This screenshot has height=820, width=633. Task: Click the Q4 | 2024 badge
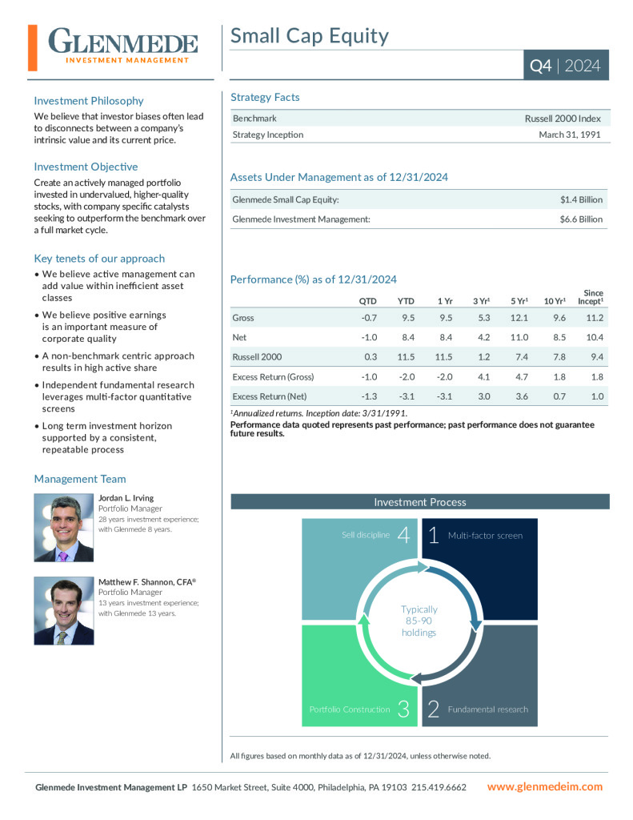[565, 66]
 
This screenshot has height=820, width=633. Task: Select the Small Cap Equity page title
[310, 36]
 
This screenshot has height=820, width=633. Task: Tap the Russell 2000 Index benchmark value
[562, 119]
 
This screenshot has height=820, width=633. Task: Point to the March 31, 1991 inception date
[569, 135]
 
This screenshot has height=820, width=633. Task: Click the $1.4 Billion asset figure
[581, 199]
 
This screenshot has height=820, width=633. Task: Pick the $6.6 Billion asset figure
[581, 219]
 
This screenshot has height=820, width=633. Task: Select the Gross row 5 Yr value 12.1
[519, 318]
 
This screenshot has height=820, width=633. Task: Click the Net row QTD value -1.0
[369, 337]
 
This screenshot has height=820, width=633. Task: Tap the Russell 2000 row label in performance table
[257, 356]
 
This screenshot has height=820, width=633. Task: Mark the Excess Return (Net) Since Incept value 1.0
[596, 396]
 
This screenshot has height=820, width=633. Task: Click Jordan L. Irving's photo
[63, 528]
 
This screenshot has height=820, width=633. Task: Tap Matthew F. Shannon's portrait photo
[63, 611]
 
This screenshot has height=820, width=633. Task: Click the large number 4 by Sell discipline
[403, 535]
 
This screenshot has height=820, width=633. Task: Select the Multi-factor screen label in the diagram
[485, 535]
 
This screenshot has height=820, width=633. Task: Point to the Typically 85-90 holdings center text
[419, 621]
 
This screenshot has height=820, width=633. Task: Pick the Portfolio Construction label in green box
[350, 709]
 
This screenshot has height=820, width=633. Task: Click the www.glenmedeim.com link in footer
[545, 787]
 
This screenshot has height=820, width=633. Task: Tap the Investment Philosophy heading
[89, 101]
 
